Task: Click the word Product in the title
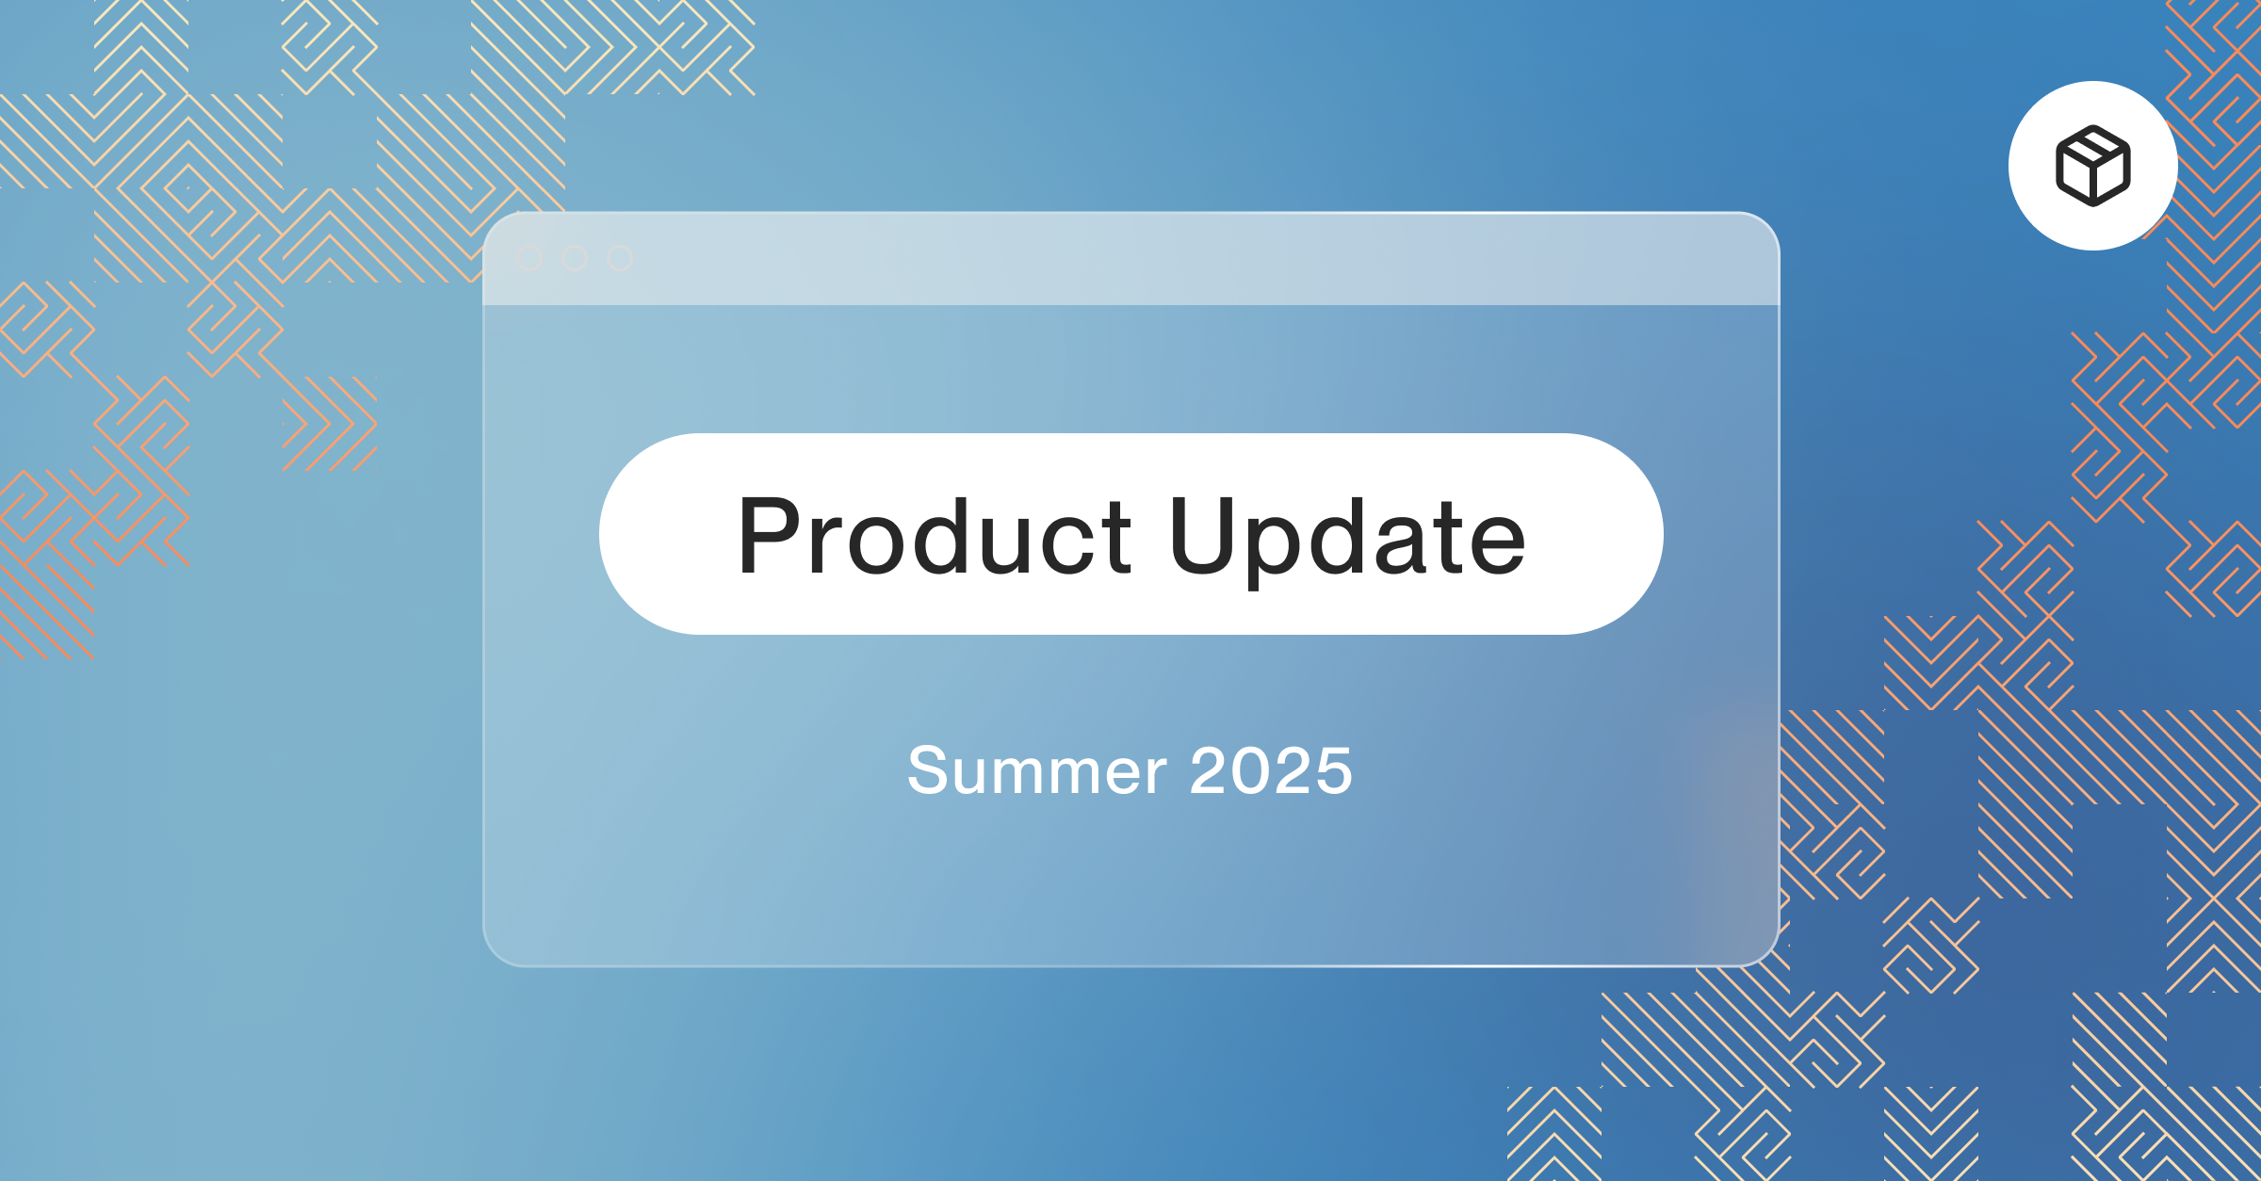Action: pos(934,535)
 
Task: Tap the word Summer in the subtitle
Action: pos(1037,770)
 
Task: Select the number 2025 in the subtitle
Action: pos(1271,770)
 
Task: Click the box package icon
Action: pos(2092,166)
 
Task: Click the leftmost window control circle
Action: pos(529,258)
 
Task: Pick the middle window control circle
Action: pos(575,258)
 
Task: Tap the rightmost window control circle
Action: pos(620,258)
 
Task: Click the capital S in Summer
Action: pos(928,770)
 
